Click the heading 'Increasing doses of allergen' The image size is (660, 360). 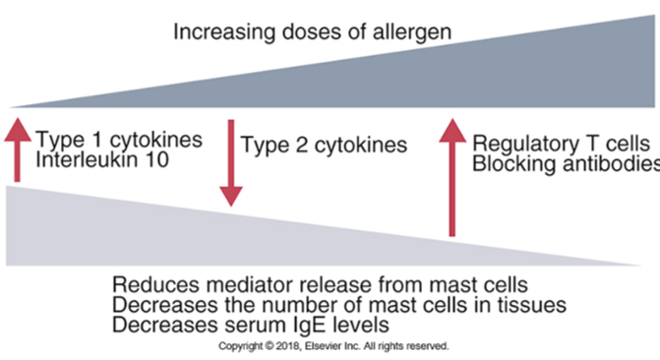[x=313, y=31]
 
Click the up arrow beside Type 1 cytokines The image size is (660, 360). [x=17, y=148]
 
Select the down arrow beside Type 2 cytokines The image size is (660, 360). [x=230, y=162]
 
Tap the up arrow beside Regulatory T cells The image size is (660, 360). [x=452, y=177]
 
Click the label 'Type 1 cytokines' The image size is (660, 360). [x=119, y=139]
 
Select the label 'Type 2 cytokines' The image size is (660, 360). [x=324, y=147]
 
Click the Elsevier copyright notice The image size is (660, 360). [x=331, y=346]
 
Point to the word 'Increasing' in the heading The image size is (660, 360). [x=220, y=31]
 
